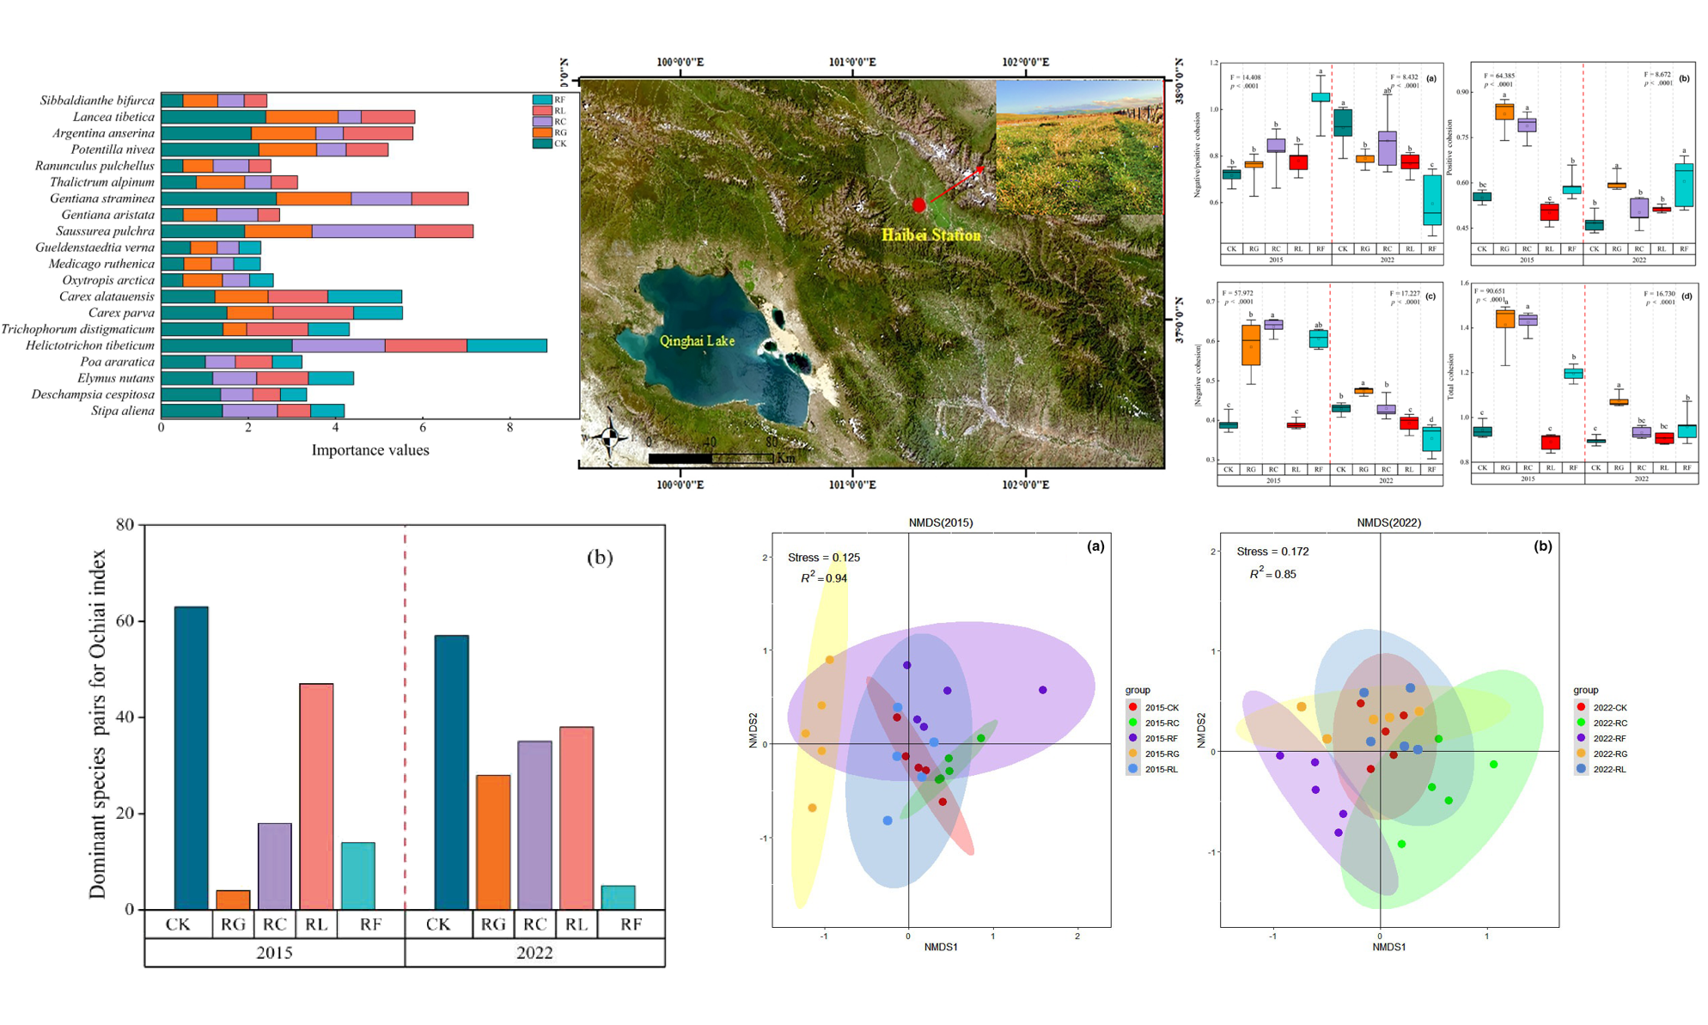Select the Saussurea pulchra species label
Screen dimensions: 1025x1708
pyautogui.click(x=105, y=231)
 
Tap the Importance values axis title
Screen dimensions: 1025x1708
pyautogui.click(x=369, y=450)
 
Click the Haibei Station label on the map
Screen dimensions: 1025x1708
pyautogui.click(x=930, y=235)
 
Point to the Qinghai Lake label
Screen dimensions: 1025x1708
pyautogui.click(x=697, y=341)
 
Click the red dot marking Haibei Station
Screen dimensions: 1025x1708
pyautogui.click(x=919, y=204)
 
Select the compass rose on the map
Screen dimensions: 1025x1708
pyautogui.click(x=609, y=437)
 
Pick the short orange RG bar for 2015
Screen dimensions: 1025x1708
pyautogui.click(x=233, y=900)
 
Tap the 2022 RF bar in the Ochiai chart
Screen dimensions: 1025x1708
pyautogui.click(x=618, y=897)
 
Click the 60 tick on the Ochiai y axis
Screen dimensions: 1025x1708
pyautogui.click(x=125, y=620)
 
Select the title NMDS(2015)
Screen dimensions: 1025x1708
pyautogui.click(x=941, y=522)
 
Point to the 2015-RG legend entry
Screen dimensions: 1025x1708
pyautogui.click(x=1161, y=753)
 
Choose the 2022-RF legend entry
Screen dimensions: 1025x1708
pyautogui.click(x=1608, y=738)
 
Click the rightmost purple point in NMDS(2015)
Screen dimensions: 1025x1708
pyautogui.click(x=1043, y=690)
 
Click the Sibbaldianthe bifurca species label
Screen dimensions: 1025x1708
pyautogui.click(x=97, y=101)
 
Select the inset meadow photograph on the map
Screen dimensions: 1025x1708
pyautogui.click(x=1079, y=148)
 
